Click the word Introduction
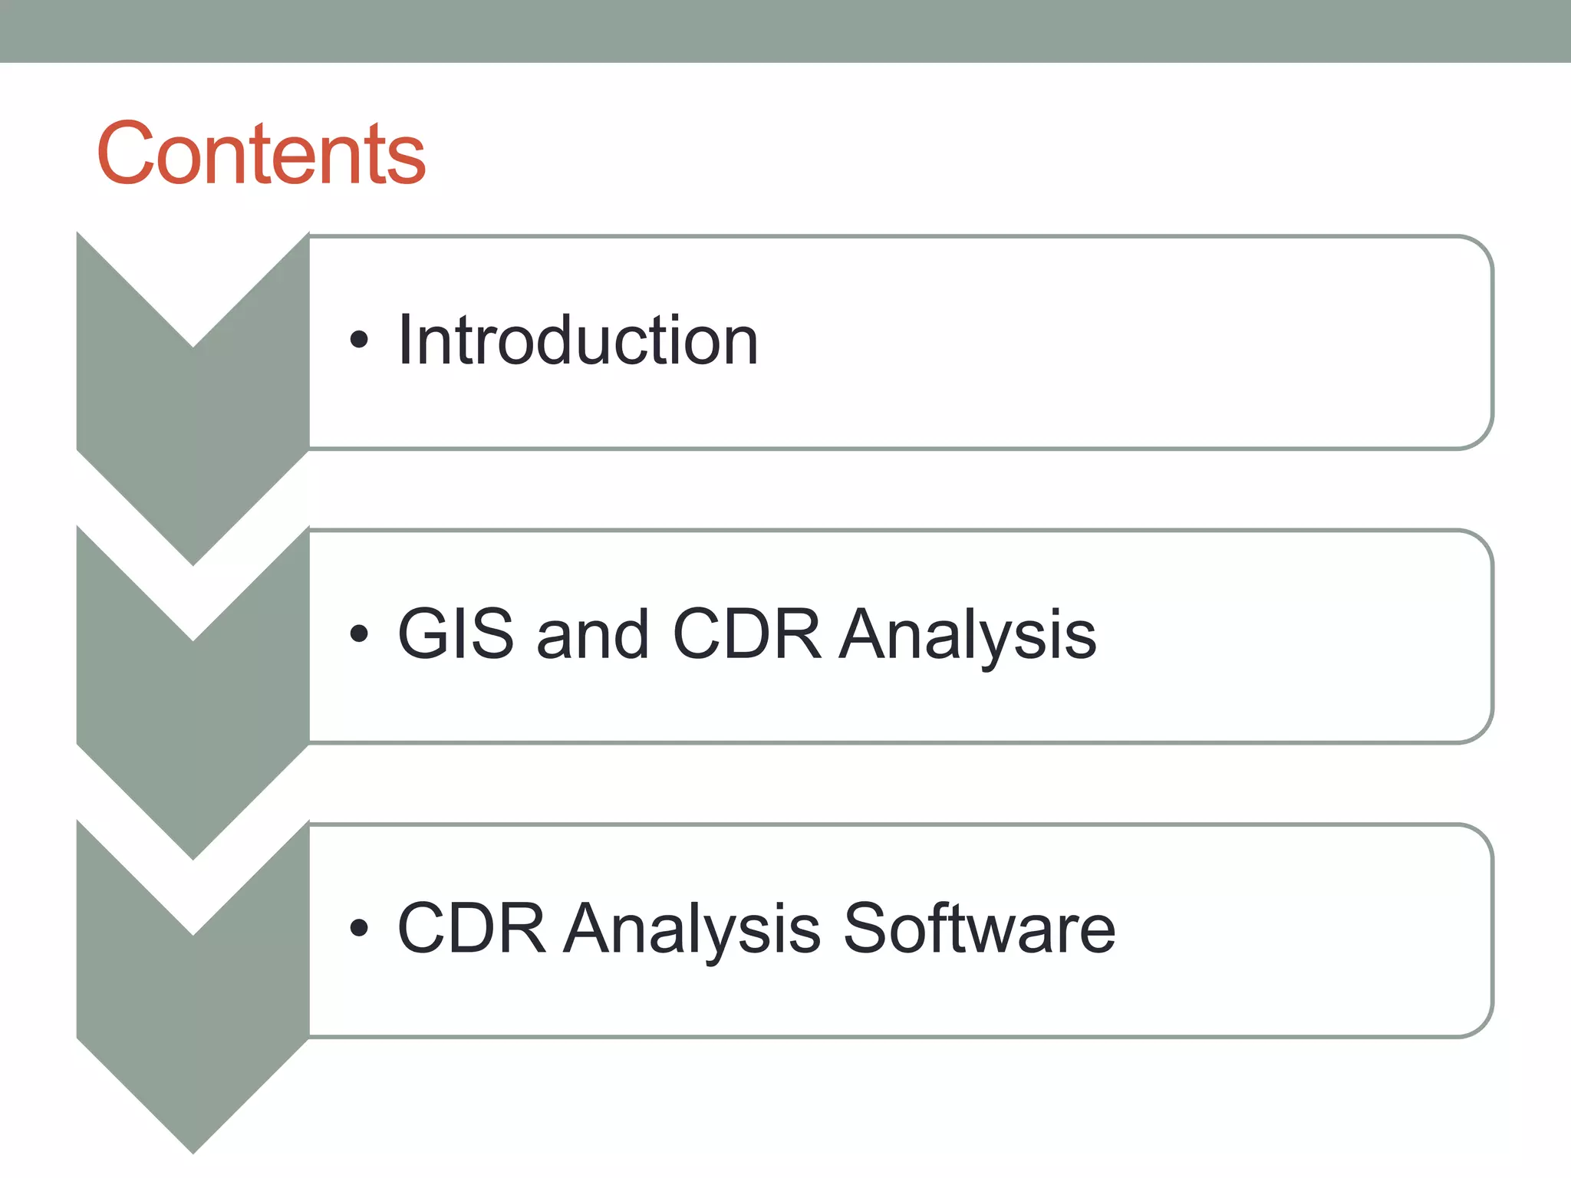(578, 341)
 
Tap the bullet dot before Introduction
(358, 340)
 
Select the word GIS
(456, 634)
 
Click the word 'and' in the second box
(592, 634)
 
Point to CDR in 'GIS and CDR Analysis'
(746, 634)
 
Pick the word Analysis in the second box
(967, 634)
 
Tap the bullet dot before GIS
(358, 634)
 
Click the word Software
(979, 928)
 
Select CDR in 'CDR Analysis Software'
(472, 928)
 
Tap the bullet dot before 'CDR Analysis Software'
(358, 929)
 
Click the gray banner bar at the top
(785, 31)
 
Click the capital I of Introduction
(405, 341)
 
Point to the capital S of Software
(865, 928)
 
